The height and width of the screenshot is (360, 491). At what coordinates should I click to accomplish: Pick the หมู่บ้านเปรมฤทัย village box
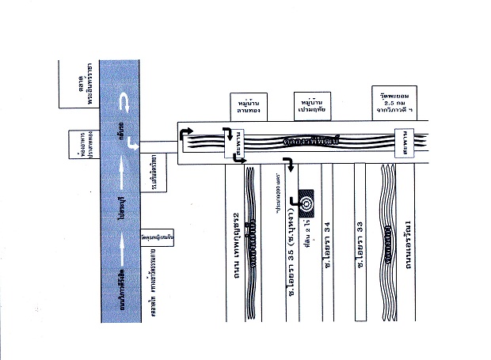pyautogui.click(x=307, y=106)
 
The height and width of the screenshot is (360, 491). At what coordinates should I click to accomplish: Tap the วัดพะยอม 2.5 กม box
pyautogui.click(x=394, y=101)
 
